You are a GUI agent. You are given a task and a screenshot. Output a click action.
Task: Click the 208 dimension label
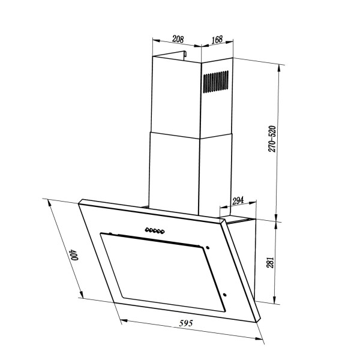178,39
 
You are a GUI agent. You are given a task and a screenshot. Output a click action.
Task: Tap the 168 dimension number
217,40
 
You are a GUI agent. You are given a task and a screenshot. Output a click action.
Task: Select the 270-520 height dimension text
272,139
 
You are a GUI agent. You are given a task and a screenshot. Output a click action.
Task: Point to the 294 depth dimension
238,200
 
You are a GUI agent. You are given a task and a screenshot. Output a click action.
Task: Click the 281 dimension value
270,262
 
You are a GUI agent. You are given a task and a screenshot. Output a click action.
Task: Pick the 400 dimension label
74,254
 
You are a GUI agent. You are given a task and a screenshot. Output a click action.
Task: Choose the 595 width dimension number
186,323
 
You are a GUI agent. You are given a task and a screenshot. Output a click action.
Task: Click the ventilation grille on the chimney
215,82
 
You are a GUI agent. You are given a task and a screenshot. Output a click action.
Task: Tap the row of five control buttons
155,230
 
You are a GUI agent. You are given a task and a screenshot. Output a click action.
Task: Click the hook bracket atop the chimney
185,55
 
